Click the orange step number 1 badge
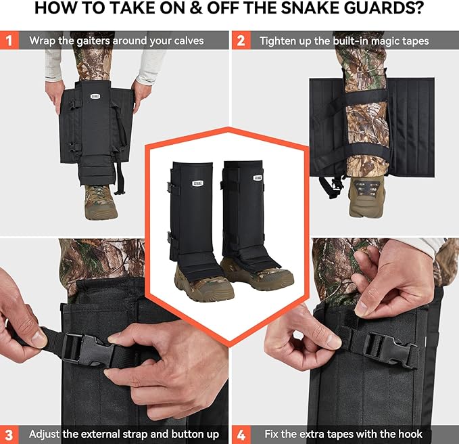tap(9, 41)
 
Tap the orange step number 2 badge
tap(240, 41)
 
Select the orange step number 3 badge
tap(9, 433)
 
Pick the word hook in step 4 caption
tap(407, 434)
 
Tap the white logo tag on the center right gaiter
tap(258, 177)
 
